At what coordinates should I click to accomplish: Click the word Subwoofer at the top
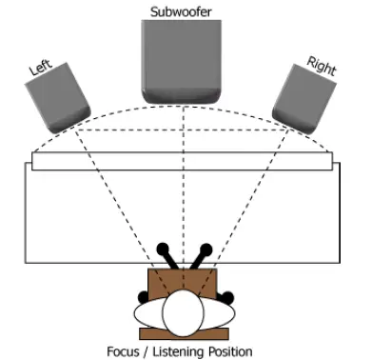pyautogui.click(x=181, y=10)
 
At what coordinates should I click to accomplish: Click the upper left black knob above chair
pyautogui.click(x=162, y=250)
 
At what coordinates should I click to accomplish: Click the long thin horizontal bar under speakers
pyautogui.click(x=182, y=160)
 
